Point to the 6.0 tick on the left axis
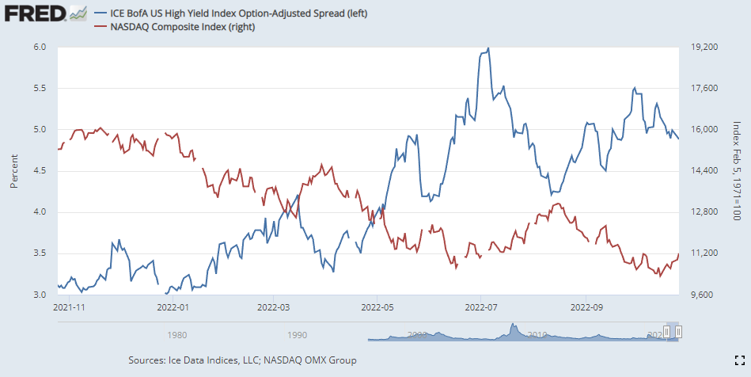pyautogui.click(x=40, y=48)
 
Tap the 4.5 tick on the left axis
pyautogui.click(x=40, y=171)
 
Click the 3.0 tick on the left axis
pyautogui.click(x=40, y=295)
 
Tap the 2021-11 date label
pyautogui.click(x=68, y=306)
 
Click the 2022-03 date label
pyautogui.click(x=273, y=306)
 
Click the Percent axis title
pyautogui.click(x=13, y=171)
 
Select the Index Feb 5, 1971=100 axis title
pyautogui.click(x=736, y=171)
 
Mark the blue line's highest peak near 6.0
pyautogui.click(x=488, y=48)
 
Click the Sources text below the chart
pyautogui.click(x=241, y=360)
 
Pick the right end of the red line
pyautogui.click(x=678, y=253)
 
